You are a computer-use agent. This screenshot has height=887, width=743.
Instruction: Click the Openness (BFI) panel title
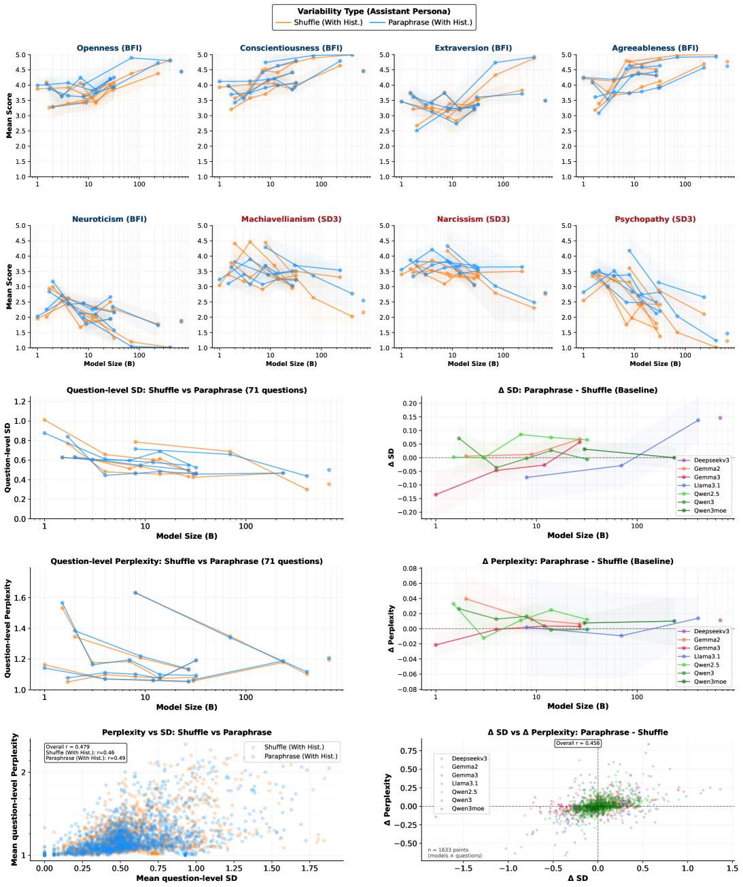point(109,48)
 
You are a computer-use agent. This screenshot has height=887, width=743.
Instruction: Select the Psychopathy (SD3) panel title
point(655,219)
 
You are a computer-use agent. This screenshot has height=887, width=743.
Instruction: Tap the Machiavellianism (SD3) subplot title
point(291,219)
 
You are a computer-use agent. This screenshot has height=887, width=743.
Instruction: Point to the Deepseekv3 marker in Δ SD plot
point(720,418)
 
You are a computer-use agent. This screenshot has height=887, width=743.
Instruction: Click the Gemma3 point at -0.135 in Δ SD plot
point(436,495)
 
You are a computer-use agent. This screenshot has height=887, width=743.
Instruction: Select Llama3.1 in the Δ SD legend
point(706,486)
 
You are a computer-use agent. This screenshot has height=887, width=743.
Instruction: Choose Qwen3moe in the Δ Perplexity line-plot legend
point(710,682)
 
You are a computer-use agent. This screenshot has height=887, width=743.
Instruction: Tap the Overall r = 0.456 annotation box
point(577,743)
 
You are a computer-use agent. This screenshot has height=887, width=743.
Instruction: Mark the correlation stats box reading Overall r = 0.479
point(85,752)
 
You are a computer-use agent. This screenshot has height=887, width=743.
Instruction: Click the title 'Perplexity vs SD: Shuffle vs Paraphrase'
point(187,733)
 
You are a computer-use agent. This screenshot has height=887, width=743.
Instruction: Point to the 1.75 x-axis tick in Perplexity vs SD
point(310,868)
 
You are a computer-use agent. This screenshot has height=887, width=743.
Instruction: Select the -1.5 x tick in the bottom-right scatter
point(464,868)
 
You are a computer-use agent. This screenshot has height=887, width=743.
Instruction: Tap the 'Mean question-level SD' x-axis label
point(187,878)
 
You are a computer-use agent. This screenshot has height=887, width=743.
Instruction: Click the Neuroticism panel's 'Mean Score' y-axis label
point(10,286)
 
